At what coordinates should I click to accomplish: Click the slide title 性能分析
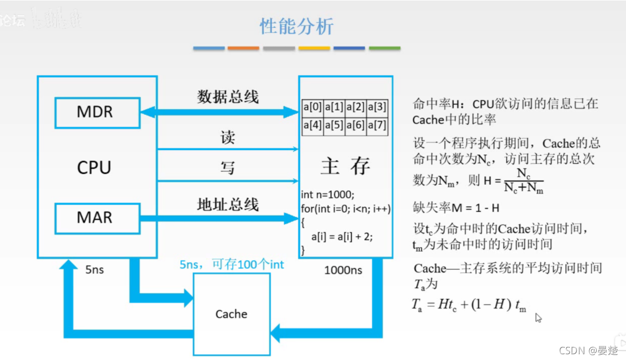297,26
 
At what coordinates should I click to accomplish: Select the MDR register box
98,112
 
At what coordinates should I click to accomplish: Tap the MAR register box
98,217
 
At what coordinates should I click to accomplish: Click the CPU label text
95,168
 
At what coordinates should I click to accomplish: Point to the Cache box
232,314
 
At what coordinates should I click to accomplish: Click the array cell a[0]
312,108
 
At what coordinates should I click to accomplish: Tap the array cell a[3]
377,108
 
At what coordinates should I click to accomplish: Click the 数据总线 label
228,97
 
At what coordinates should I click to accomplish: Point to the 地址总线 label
228,204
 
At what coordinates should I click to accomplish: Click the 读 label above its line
227,137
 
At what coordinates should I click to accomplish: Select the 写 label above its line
227,168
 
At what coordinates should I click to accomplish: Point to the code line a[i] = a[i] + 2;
341,237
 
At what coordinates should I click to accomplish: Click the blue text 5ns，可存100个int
232,265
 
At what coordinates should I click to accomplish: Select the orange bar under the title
243,48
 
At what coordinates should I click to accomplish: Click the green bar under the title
384,48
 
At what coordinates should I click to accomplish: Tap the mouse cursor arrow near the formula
538,317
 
